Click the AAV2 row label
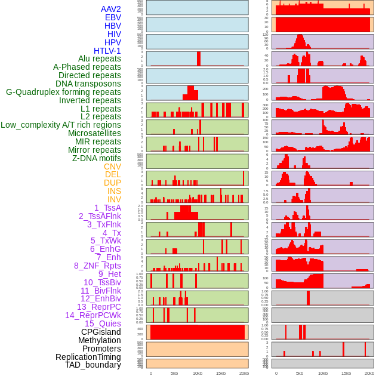click(110, 9)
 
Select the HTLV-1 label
click(107, 51)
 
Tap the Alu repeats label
click(99, 58)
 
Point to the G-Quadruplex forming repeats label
click(63, 92)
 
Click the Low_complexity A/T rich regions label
click(60, 125)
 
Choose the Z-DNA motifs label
click(96, 158)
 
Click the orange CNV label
click(112, 167)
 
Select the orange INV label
click(114, 199)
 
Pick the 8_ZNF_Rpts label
click(97, 266)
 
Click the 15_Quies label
click(102, 323)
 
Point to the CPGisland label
click(101, 332)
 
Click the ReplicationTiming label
click(88, 357)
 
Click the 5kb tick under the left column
click(174, 373)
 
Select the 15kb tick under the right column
click(346, 373)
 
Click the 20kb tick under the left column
click(244, 373)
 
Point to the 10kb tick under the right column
click(323, 373)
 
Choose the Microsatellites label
click(94, 133)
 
